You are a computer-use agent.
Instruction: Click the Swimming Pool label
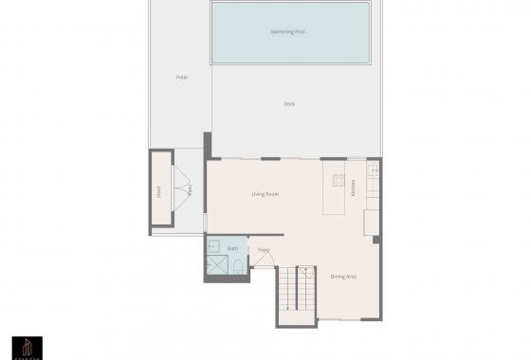pyautogui.click(x=288, y=31)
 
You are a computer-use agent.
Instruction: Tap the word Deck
pyautogui.click(x=290, y=103)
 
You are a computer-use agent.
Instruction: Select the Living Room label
pyautogui.click(x=265, y=194)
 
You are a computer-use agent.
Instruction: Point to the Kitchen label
pyautogui.click(x=353, y=188)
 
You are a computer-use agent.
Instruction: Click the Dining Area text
pyautogui.click(x=343, y=277)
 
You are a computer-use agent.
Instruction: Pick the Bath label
pyautogui.click(x=232, y=247)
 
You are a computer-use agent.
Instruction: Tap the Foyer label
pyautogui.click(x=264, y=250)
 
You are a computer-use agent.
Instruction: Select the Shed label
pyautogui.click(x=159, y=190)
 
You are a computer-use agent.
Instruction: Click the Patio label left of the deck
pyautogui.click(x=181, y=77)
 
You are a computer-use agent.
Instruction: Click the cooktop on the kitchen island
pyautogui.click(x=336, y=178)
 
